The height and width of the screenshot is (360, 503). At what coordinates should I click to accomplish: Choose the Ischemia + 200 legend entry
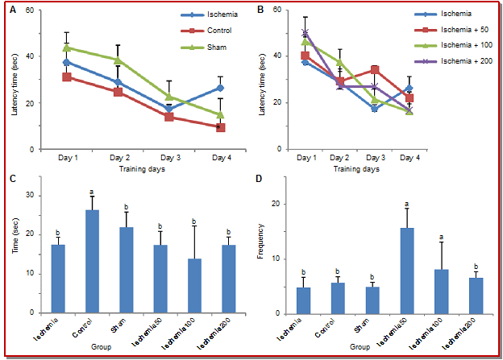pyautogui.click(x=448, y=62)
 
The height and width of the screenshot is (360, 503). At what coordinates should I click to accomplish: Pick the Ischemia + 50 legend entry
pyautogui.click(x=446, y=31)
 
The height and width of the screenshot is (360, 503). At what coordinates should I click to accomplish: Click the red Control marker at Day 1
pyautogui.click(x=67, y=77)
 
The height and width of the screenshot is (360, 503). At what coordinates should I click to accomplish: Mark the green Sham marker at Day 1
pyautogui.click(x=67, y=48)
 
